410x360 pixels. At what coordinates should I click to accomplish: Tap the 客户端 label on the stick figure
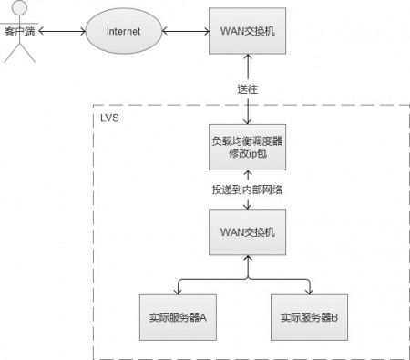[19, 31]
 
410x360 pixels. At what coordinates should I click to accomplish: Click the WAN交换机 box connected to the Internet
[246, 31]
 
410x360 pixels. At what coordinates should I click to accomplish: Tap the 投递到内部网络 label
[247, 189]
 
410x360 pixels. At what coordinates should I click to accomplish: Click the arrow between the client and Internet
[60, 31]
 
